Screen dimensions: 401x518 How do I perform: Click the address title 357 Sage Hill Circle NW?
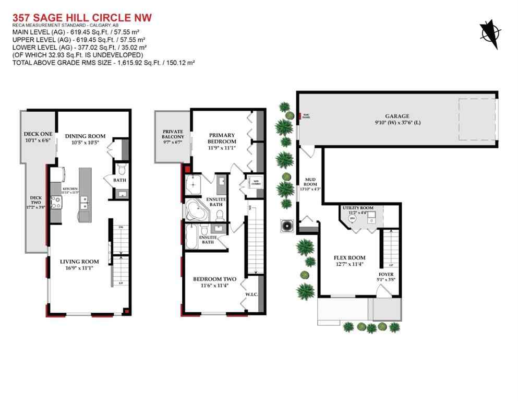tap(82, 18)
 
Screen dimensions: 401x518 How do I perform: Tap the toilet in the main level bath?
tap(121, 168)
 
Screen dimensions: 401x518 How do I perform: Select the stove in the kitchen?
tap(56, 201)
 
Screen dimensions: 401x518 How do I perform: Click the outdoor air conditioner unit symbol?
tap(287, 226)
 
